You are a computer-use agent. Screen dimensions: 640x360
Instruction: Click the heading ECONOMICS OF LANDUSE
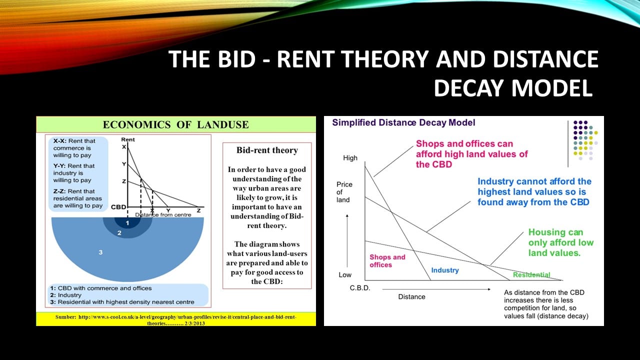pos(175,124)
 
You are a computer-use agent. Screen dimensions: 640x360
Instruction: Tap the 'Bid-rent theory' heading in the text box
pos(267,150)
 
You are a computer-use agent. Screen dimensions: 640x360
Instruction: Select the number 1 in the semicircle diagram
pos(127,223)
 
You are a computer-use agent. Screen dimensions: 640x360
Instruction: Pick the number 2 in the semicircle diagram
pos(119,233)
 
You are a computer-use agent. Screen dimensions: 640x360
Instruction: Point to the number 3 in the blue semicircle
pos(100,252)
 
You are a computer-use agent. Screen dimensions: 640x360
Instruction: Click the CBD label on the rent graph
pos(118,207)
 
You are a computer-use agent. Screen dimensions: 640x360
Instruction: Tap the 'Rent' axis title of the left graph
pos(127,139)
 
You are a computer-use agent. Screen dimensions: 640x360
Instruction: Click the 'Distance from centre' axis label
pos(163,214)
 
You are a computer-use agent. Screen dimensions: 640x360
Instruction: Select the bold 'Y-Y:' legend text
pos(59,165)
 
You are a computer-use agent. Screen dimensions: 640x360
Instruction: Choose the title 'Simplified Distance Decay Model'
pos(403,122)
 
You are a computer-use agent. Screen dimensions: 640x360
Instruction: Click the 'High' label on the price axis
pos(350,157)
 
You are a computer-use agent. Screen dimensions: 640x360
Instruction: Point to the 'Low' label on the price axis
pos(345,275)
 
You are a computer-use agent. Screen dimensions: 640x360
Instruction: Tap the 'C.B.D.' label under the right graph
pos(360,288)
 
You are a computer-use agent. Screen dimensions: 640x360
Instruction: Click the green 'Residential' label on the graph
pos(531,275)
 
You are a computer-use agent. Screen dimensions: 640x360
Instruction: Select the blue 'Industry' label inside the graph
pos(445,270)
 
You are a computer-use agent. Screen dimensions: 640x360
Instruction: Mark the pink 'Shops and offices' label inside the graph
pos(387,261)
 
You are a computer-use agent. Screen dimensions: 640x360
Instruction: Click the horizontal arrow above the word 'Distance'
pos(436,289)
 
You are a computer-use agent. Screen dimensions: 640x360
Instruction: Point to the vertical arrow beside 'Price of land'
pos(347,240)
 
